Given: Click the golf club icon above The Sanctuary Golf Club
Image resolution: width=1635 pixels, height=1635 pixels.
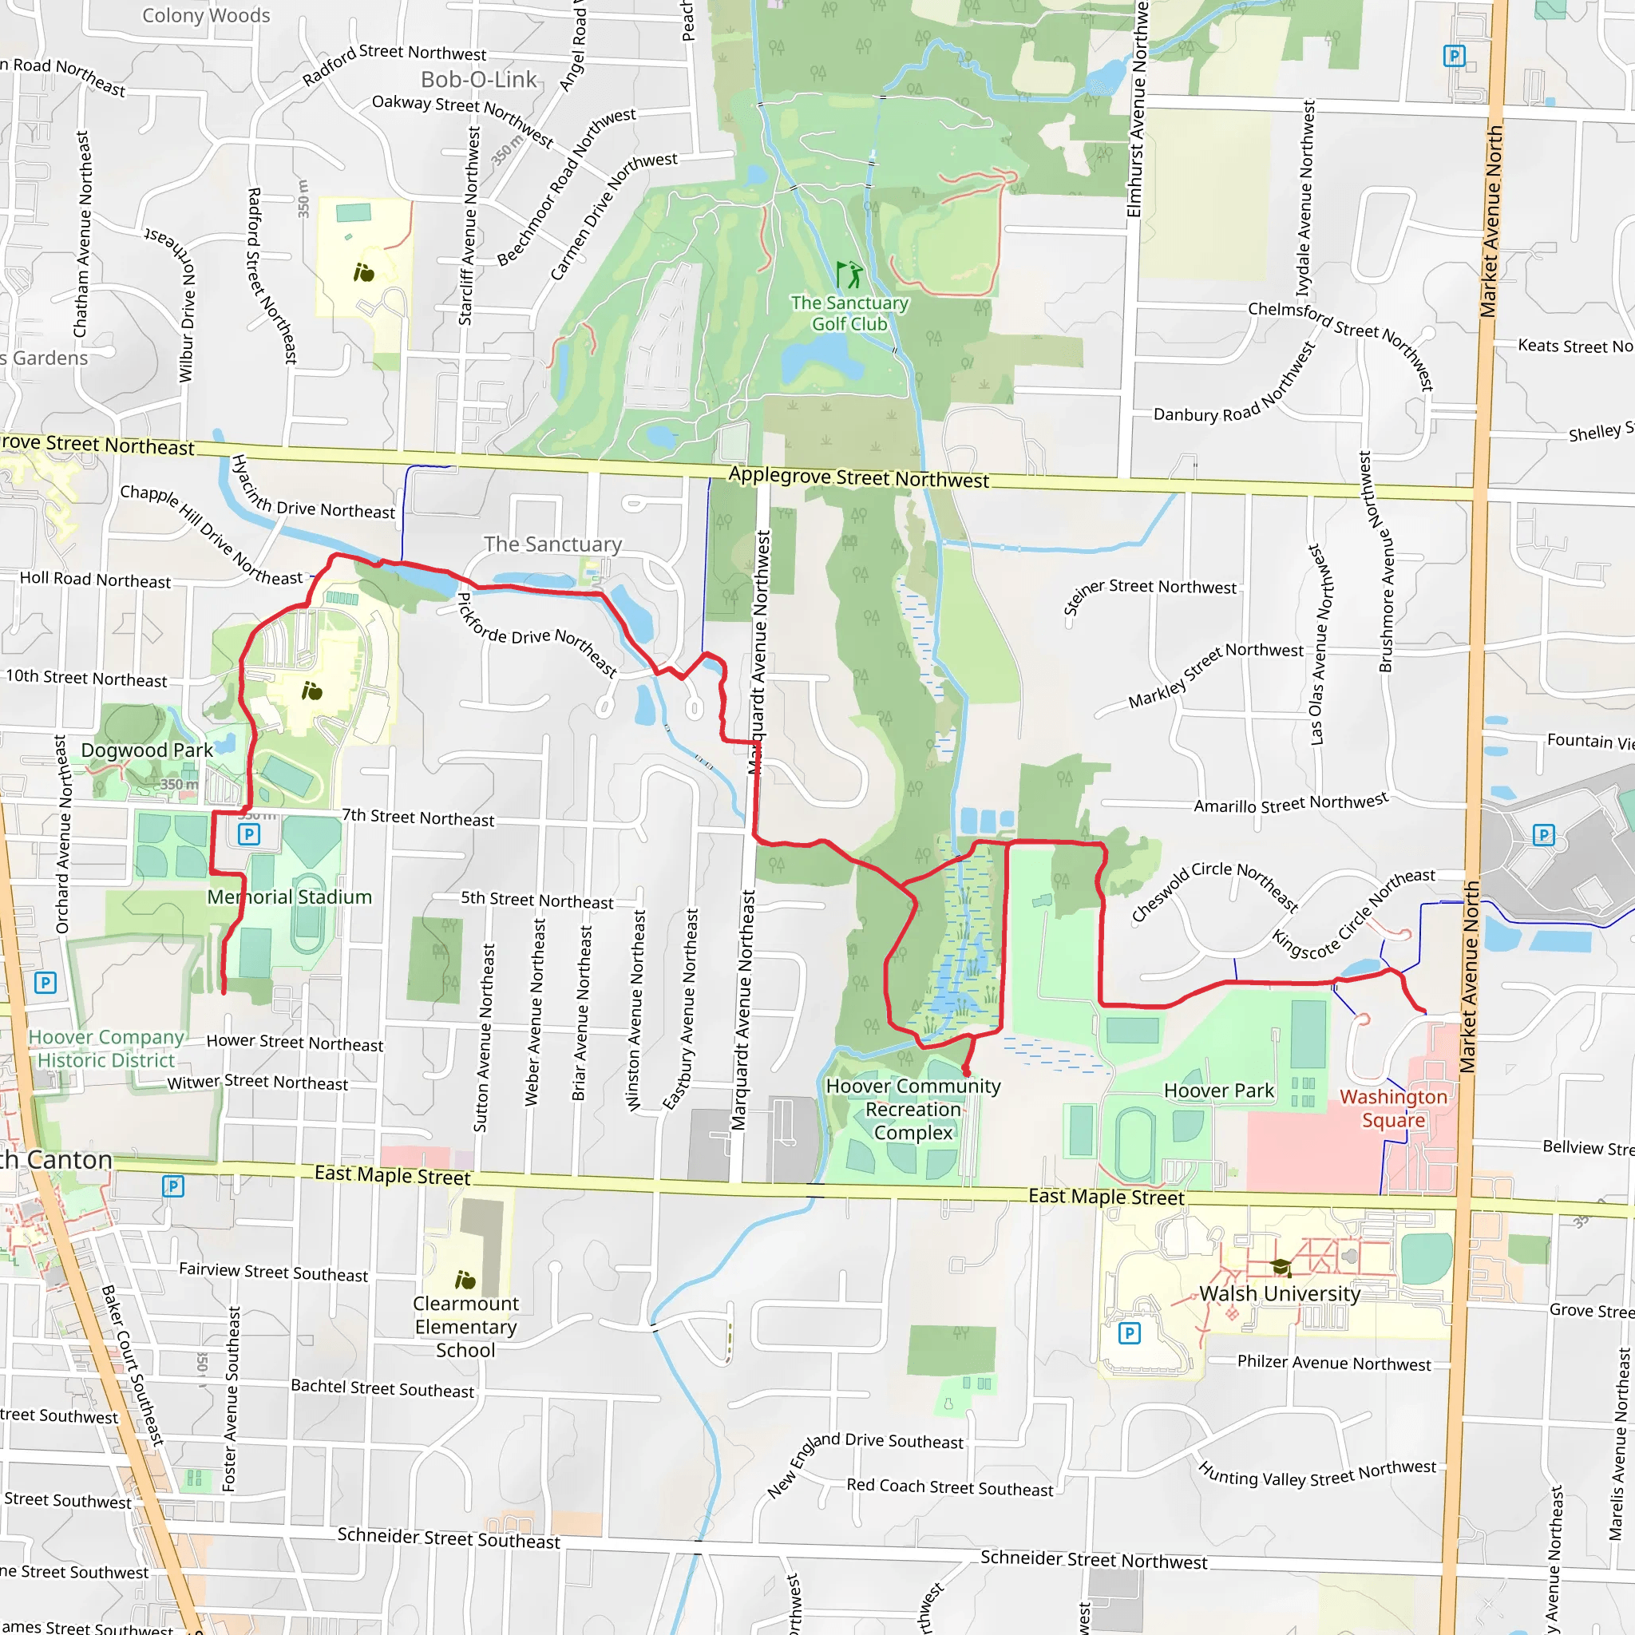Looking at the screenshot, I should [x=849, y=274].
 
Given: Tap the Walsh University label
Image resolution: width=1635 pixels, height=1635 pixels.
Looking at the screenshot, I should [x=1280, y=1294].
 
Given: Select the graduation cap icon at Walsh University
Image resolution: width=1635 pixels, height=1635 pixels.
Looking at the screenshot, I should [x=1281, y=1268].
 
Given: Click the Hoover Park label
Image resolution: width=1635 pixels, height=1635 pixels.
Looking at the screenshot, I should [x=1218, y=1091].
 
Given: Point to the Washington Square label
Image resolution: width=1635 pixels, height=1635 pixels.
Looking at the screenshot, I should [x=1393, y=1109].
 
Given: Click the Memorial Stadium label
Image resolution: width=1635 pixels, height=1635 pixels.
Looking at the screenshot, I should [x=290, y=897].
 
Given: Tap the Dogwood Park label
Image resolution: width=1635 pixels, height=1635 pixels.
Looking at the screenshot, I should [x=147, y=750].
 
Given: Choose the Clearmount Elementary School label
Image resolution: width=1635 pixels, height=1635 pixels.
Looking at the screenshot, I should [x=465, y=1327].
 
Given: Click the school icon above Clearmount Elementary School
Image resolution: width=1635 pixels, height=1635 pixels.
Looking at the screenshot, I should [x=465, y=1280].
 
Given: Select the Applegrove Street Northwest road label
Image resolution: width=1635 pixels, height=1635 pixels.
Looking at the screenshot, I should [x=858, y=477].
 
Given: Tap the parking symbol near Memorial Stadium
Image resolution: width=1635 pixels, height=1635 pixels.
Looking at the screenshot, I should [x=249, y=834].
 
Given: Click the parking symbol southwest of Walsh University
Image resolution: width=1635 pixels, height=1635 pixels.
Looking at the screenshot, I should [x=1129, y=1334].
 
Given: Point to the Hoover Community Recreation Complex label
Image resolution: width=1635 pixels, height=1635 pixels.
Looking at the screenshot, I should [x=913, y=1109].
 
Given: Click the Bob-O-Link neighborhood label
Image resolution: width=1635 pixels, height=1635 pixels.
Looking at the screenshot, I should [x=479, y=80].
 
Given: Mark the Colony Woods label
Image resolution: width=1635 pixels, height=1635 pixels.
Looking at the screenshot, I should [x=206, y=15].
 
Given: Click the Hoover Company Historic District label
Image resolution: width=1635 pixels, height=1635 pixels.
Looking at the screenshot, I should [x=106, y=1048].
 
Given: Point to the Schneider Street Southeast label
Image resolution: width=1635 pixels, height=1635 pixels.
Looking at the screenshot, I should [x=449, y=1538].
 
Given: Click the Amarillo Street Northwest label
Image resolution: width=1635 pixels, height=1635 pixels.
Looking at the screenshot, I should [x=1291, y=803].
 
